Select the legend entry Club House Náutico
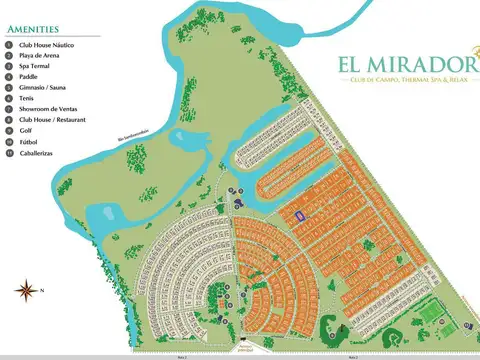click(x=48, y=45)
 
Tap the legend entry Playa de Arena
click(x=41, y=56)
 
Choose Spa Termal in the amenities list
click(x=36, y=66)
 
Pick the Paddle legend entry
click(x=29, y=77)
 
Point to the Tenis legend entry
click(x=27, y=98)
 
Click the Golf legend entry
click(x=25, y=130)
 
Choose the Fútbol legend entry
click(x=28, y=141)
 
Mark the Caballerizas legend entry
click(x=38, y=152)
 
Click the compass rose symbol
click(x=24, y=291)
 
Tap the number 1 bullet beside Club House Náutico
click(x=8, y=45)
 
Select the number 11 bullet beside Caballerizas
click(x=8, y=152)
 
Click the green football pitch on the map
click(x=431, y=315)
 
